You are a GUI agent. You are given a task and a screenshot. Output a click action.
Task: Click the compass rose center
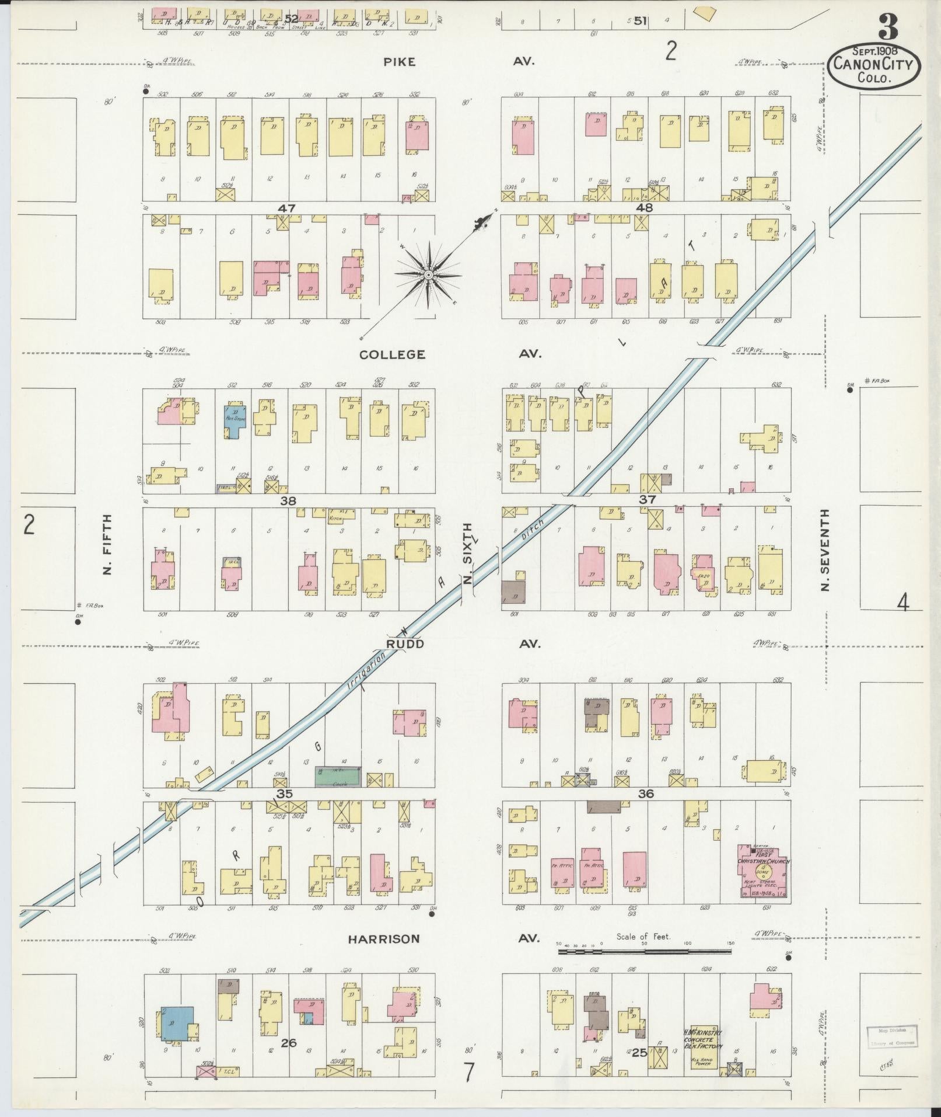coord(428,274)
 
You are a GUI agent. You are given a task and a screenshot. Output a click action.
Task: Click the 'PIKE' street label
coord(400,61)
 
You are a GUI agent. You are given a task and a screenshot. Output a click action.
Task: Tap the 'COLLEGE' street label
coord(392,354)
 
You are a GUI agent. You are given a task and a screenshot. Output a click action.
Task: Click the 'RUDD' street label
coord(404,643)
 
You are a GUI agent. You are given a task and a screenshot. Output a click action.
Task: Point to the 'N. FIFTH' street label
coord(107,543)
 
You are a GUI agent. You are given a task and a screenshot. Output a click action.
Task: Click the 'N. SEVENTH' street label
coord(824,549)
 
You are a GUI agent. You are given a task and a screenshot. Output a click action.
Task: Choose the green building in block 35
coord(338,777)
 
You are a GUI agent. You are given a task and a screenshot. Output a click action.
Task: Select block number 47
coord(286,207)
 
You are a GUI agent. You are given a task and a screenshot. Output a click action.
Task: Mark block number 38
coord(288,500)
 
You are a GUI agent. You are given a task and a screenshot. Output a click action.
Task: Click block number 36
coord(646,794)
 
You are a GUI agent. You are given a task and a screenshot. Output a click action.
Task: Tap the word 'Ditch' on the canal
coord(533,528)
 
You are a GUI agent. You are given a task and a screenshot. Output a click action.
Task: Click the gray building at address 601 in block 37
coord(514,594)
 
